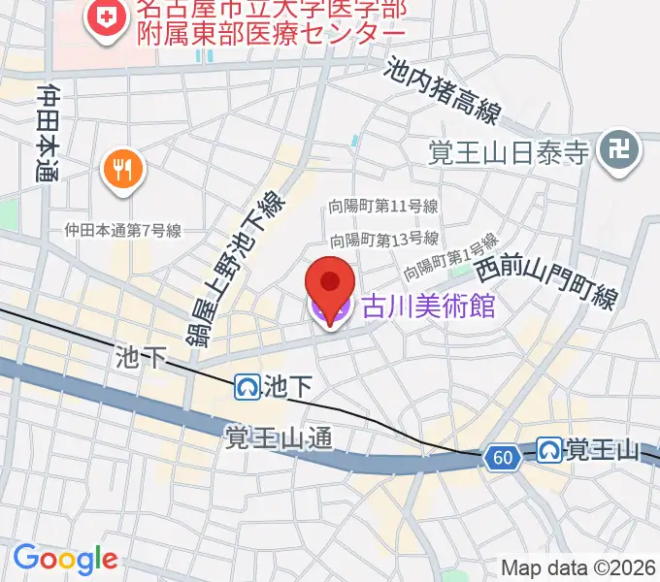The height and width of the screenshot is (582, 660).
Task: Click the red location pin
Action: click(x=330, y=284)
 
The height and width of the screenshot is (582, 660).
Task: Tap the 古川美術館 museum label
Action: click(x=428, y=307)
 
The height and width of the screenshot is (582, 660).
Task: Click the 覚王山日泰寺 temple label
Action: click(x=510, y=151)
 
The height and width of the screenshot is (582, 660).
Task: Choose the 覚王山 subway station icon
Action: click(x=549, y=450)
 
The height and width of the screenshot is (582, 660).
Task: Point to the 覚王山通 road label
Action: click(x=280, y=438)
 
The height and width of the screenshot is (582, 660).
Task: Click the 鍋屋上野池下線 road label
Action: click(x=240, y=265)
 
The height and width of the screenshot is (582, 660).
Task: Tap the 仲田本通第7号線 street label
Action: click(x=123, y=231)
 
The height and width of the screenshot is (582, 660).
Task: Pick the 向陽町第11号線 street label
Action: click(x=382, y=207)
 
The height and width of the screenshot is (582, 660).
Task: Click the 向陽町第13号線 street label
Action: click(x=382, y=239)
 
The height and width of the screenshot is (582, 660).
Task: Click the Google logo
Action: click(x=65, y=559)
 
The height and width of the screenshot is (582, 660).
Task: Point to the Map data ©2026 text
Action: click(x=578, y=567)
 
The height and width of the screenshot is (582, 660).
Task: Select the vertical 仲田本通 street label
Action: click(x=48, y=133)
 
